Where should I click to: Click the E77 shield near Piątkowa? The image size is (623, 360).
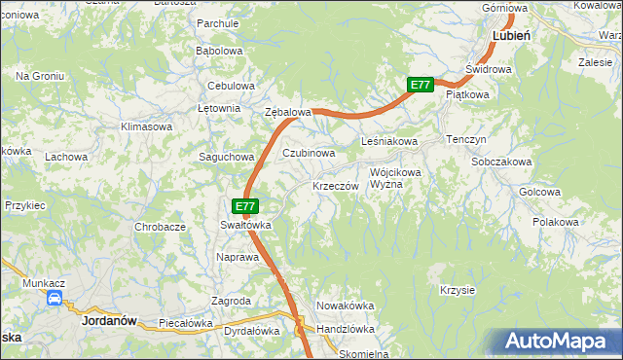[x=420, y=85]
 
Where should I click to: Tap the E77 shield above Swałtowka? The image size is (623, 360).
[x=246, y=206]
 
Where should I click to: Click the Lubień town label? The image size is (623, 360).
[x=511, y=34]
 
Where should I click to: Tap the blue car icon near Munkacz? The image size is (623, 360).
[x=55, y=299]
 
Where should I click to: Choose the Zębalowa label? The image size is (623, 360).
[x=288, y=112]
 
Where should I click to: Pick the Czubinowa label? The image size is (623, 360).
[x=310, y=153]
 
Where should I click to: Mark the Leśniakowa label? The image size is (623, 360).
[x=389, y=142]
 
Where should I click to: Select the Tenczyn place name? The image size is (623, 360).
[x=466, y=139]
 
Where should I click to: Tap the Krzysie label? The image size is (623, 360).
[x=457, y=290]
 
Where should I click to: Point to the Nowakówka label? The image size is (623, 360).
[x=346, y=306]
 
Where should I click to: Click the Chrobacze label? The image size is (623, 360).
[x=161, y=227]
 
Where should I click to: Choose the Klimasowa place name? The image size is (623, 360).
[x=146, y=126]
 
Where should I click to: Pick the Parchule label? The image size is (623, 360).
[x=218, y=22]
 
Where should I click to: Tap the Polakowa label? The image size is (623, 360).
[x=556, y=222]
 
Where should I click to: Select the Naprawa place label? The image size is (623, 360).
[x=238, y=257]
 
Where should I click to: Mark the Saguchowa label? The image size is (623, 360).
[x=226, y=156]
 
